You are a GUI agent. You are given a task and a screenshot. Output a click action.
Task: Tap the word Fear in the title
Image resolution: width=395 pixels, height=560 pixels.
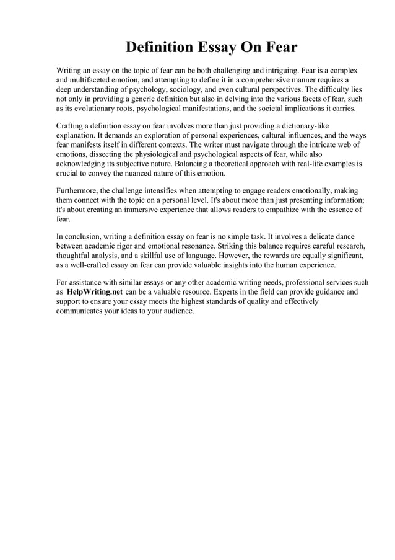282,47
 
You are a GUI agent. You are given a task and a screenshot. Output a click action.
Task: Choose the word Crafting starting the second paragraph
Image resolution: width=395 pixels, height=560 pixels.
71,126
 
